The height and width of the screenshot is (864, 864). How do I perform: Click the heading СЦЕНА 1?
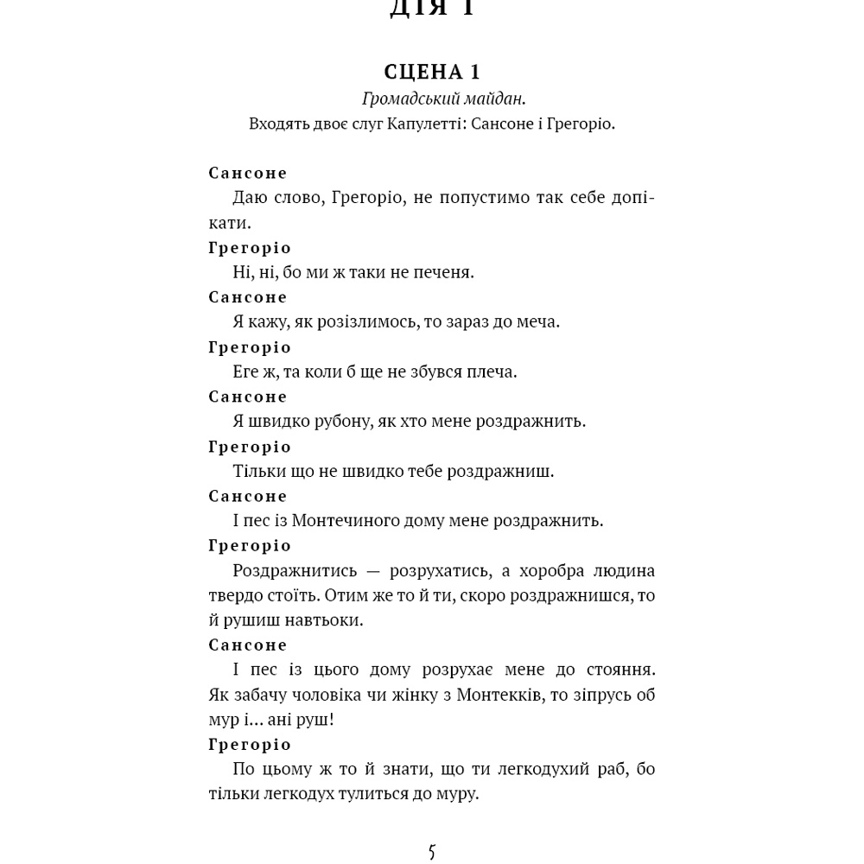tap(431, 72)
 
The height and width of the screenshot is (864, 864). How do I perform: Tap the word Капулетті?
tap(409, 124)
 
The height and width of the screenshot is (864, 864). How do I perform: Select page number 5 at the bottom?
tap(432, 852)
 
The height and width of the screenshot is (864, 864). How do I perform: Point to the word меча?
tap(538, 321)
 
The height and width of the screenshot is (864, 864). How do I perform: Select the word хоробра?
tap(543, 570)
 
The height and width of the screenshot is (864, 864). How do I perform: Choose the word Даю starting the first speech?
tap(250, 198)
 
